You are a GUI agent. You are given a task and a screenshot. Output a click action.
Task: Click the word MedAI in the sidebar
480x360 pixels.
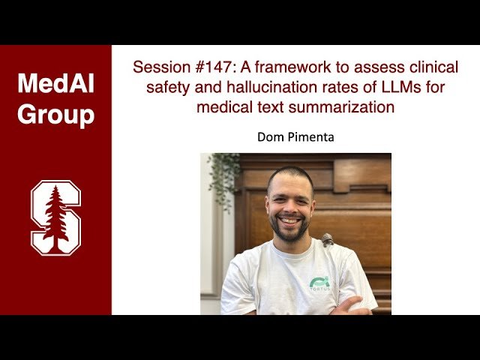[55, 84]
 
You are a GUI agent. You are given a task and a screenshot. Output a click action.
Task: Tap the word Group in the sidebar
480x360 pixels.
[55, 115]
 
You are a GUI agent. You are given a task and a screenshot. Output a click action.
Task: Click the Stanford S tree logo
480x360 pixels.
[55, 217]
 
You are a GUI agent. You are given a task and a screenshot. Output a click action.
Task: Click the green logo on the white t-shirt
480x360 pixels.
[320, 283]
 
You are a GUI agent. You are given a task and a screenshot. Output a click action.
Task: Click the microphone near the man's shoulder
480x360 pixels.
[327, 241]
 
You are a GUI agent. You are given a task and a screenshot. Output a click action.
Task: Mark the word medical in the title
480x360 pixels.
[223, 107]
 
